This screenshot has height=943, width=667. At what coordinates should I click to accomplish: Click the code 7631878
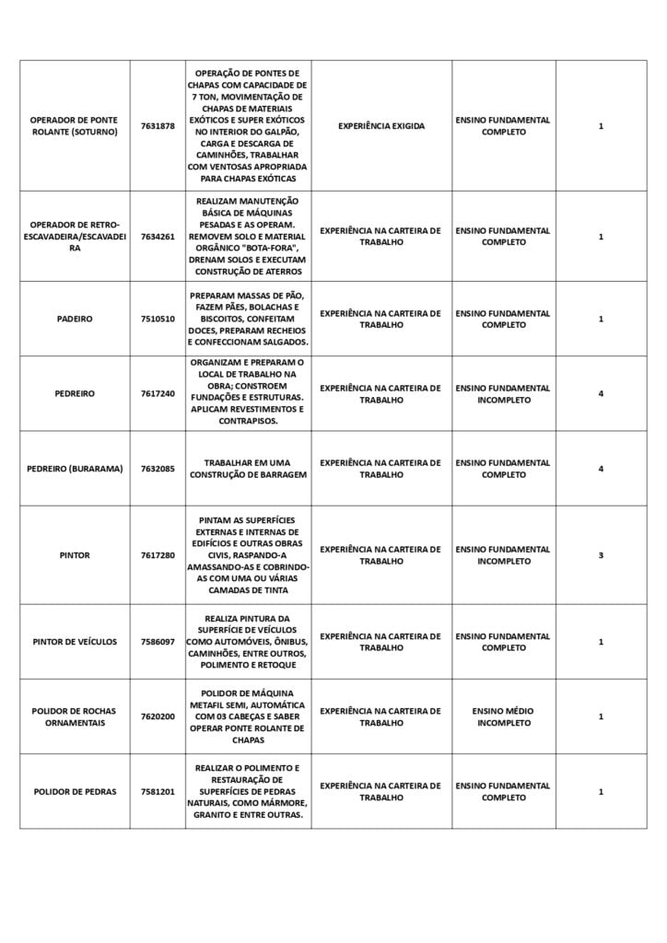[x=158, y=126]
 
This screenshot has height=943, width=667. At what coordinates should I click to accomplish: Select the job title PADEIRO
[x=74, y=319]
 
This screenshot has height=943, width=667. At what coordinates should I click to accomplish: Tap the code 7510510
[x=158, y=319]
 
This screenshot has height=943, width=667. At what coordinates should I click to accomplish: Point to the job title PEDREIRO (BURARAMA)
[x=74, y=469]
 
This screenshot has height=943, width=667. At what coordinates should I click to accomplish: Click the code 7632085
[x=158, y=469]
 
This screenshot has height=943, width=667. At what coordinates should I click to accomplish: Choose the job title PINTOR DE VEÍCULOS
[x=74, y=642]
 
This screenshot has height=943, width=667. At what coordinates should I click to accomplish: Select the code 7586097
[x=158, y=642]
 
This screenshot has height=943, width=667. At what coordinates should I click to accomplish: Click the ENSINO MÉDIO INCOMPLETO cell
[x=503, y=716]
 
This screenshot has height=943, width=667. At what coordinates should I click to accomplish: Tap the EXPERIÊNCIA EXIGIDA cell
[x=381, y=126]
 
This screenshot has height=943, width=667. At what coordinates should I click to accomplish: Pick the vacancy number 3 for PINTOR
[x=601, y=555]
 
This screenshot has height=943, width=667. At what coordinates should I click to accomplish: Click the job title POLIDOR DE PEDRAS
[x=74, y=792]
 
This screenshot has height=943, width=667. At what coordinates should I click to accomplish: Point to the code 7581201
[x=158, y=792]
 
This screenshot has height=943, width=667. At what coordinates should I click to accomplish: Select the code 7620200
[x=158, y=716]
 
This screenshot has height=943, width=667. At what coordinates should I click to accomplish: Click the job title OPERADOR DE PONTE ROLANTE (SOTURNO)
[x=74, y=126]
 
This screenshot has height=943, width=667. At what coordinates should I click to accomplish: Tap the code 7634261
[x=158, y=237]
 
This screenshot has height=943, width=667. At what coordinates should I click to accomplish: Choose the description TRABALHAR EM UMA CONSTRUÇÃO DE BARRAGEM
[x=248, y=469]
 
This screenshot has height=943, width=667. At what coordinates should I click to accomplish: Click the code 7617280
[x=158, y=555]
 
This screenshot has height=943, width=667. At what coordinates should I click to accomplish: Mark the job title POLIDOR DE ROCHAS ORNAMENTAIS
[x=74, y=716]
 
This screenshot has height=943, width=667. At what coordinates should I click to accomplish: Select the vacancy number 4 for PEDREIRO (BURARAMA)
[x=601, y=469]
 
